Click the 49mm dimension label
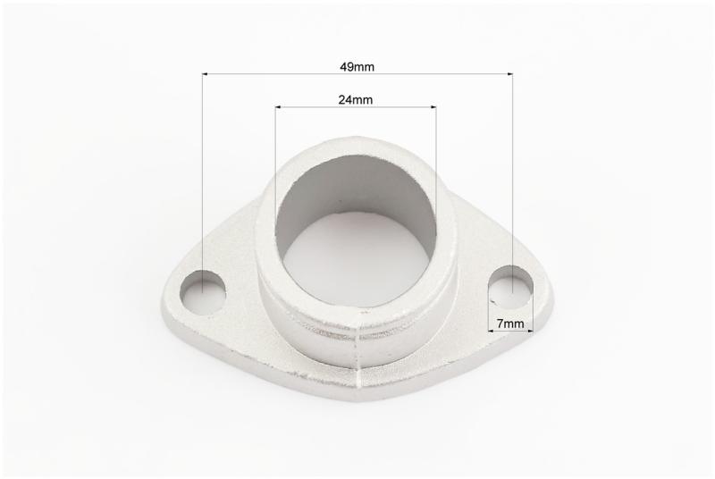point(357,67)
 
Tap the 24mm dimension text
point(355,99)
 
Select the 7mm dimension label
point(510,324)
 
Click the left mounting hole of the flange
point(203,292)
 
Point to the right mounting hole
point(510,287)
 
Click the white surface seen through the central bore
point(357,259)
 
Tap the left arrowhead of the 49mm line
point(206,73)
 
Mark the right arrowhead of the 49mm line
point(509,73)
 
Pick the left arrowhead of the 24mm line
point(278,107)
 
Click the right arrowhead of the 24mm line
point(433,107)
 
